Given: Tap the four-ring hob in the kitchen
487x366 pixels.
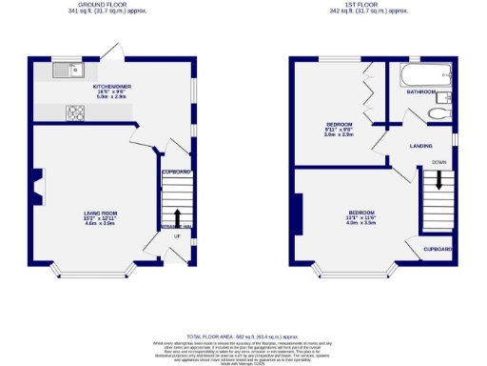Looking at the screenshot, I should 75,112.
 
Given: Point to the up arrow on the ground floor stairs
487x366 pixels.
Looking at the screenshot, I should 177,216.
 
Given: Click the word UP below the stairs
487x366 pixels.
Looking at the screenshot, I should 176,236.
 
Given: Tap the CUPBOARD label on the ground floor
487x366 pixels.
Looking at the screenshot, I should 176,172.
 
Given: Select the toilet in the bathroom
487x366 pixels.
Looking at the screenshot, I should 438,112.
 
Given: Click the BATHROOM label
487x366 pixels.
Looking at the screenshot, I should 420,92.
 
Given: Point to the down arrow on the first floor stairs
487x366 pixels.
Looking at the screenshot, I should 438,179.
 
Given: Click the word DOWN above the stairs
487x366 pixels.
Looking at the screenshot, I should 438,163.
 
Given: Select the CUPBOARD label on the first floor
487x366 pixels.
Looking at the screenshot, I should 438,248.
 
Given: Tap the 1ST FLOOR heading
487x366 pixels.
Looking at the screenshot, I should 367,6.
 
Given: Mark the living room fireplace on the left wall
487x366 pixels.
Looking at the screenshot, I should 38,186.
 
